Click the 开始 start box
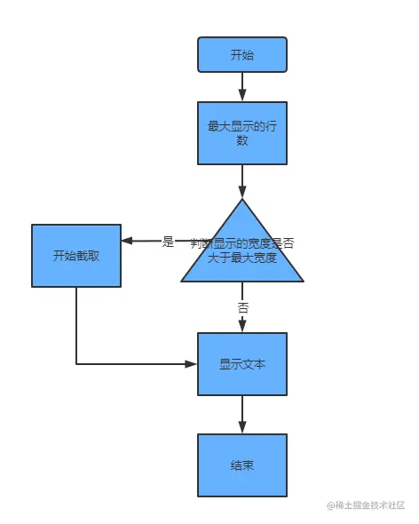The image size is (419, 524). (242, 54)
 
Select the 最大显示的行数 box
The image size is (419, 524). (242, 132)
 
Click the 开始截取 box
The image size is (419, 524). (76, 256)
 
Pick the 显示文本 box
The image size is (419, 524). (242, 364)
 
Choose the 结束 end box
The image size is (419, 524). (242, 464)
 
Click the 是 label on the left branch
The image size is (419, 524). (169, 242)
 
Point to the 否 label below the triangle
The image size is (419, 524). (242, 306)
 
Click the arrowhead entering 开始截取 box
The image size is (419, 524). (127, 241)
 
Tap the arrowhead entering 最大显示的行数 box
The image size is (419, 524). (242, 96)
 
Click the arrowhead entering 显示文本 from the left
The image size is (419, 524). (191, 364)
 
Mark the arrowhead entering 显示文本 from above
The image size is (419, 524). (242, 328)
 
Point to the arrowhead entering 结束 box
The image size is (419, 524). (242, 428)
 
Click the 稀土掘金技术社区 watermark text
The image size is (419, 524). (365, 504)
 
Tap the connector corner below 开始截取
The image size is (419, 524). (76, 364)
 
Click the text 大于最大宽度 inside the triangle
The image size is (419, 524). (242, 258)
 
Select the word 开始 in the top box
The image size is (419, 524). (242, 54)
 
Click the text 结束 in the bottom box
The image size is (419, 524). (242, 464)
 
